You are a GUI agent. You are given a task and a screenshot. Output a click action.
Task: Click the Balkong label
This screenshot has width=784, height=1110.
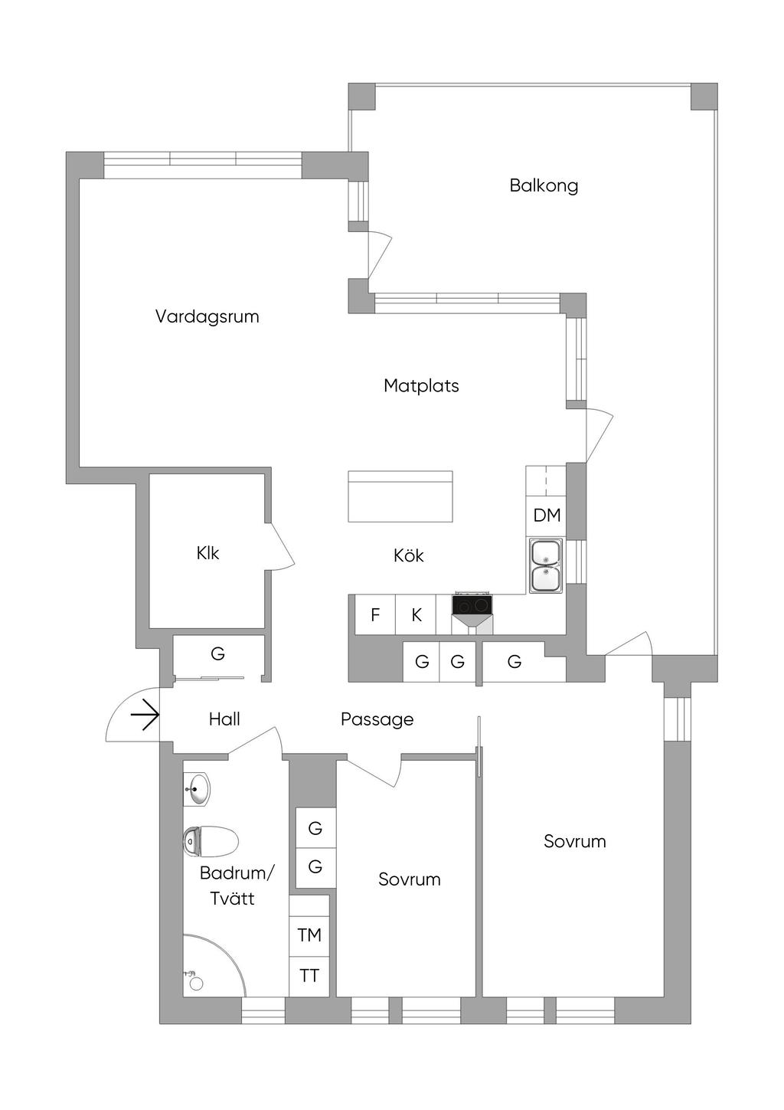544,185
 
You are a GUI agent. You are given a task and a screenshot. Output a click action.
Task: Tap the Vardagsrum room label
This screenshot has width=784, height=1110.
207,316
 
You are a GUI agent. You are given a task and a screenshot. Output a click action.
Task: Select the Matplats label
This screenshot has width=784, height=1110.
421,385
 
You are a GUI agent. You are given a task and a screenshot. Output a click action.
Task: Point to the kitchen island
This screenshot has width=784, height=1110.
400,496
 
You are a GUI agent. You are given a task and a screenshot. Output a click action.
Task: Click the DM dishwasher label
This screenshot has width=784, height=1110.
547,516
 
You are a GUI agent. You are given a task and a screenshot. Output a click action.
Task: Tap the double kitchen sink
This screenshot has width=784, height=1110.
545,565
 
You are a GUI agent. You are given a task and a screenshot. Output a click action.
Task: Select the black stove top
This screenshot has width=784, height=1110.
472,605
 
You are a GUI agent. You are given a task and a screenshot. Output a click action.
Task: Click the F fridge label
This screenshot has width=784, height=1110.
375,615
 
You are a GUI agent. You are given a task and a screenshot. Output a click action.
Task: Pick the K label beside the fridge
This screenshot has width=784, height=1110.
416,615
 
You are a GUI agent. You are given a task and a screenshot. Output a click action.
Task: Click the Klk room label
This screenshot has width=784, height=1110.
207,553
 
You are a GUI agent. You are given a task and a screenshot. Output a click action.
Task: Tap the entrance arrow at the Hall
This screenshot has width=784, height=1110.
144,717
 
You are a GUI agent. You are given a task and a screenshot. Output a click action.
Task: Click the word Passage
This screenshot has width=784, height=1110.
377,719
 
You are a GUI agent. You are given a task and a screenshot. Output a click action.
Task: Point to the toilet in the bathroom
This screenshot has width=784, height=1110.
211,841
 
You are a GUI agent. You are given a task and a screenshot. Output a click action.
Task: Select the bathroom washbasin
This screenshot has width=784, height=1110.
198,789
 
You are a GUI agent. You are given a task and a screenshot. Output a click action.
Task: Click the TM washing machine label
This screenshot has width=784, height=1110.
309,935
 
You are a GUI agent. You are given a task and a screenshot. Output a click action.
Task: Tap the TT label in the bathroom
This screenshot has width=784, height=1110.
309,976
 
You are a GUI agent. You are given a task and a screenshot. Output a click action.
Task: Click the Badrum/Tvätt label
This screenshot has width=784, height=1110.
236,886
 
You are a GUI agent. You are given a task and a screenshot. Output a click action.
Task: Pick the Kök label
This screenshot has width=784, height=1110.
408,556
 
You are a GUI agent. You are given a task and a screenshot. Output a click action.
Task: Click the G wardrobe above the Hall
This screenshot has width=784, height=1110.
218,654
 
